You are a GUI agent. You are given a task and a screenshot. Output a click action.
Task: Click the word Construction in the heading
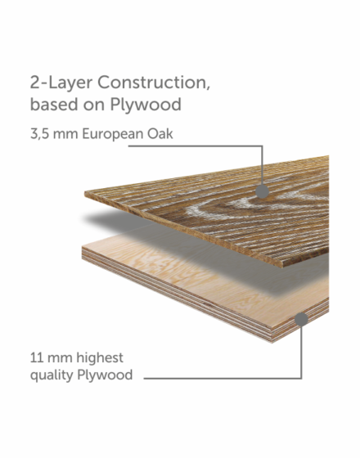(154, 83)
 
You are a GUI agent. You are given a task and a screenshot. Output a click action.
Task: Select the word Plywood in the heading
(146, 105)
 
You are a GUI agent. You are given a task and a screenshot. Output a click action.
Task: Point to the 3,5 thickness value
(39, 134)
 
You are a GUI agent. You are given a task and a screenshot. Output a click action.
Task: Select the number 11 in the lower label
(36, 358)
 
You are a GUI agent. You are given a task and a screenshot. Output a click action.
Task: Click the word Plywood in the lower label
(105, 375)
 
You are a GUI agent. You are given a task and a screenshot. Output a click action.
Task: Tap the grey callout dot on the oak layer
(262, 191)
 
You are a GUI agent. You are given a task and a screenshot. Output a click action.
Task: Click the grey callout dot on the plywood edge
(301, 319)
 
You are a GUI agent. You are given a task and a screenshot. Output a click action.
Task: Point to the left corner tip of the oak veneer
(85, 193)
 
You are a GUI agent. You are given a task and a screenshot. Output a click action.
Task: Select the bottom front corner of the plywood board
(272, 342)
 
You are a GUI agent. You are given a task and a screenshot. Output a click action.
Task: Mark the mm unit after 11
(59, 359)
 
